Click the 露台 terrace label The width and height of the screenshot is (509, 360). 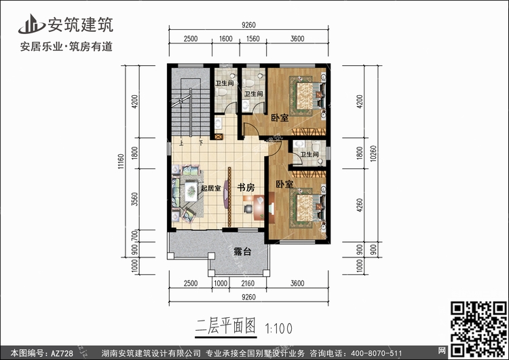[x=242, y=251]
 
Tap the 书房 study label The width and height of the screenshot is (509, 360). [x=246, y=187]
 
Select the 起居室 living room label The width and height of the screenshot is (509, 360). [x=210, y=187]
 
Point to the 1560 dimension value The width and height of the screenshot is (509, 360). [x=253, y=39]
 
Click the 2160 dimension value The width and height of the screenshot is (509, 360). [x=248, y=283]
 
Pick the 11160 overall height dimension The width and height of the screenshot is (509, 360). [x=121, y=162]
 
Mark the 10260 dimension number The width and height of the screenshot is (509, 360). [x=373, y=154]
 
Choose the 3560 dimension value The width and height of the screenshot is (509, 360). [x=135, y=199]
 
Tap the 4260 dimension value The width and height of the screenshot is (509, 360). [x=359, y=205]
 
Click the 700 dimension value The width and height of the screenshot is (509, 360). [x=135, y=236]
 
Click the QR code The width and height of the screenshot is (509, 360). [x=478, y=329]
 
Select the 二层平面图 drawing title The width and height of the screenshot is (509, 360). [x=225, y=326]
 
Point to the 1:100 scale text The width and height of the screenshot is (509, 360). [x=279, y=329]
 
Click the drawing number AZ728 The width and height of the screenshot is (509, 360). [x=62, y=353]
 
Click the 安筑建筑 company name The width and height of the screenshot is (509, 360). [x=81, y=24]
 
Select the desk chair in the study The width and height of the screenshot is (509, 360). [x=248, y=208]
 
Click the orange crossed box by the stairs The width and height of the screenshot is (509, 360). [x=218, y=137]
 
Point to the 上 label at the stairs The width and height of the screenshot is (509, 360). [x=181, y=143]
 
